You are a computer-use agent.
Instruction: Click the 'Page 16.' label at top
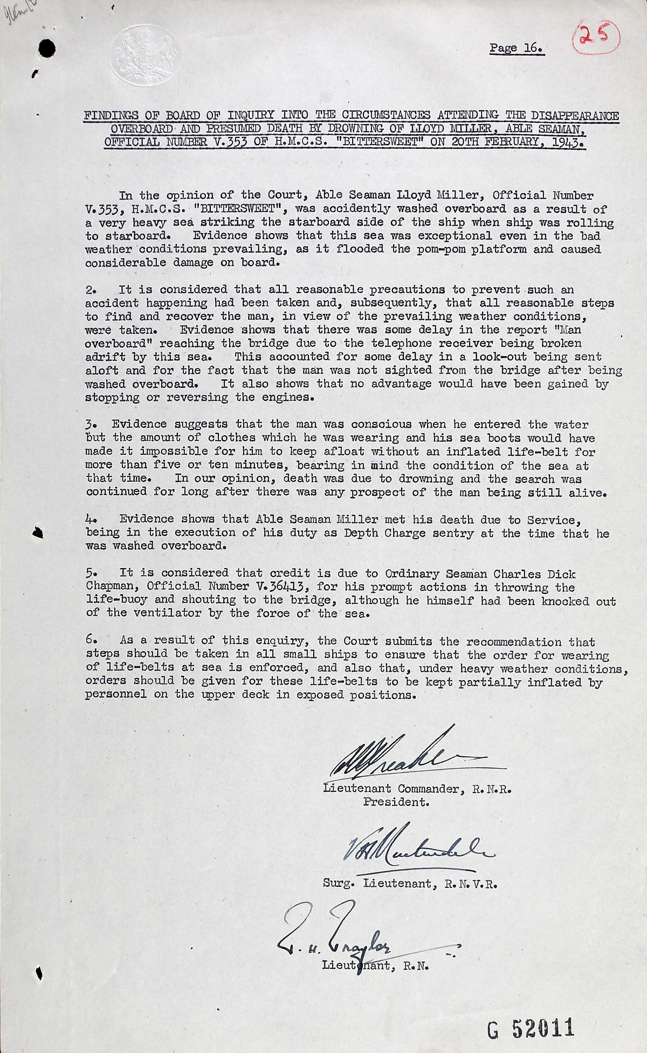pyautogui.click(x=516, y=49)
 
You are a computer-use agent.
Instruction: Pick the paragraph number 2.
pyautogui.click(x=91, y=290)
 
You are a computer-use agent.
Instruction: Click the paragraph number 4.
pyautogui.click(x=91, y=519)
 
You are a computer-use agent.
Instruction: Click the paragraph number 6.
pyautogui.click(x=91, y=641)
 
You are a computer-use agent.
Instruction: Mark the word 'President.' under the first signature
pyautogui.click(x=396, y=802)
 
